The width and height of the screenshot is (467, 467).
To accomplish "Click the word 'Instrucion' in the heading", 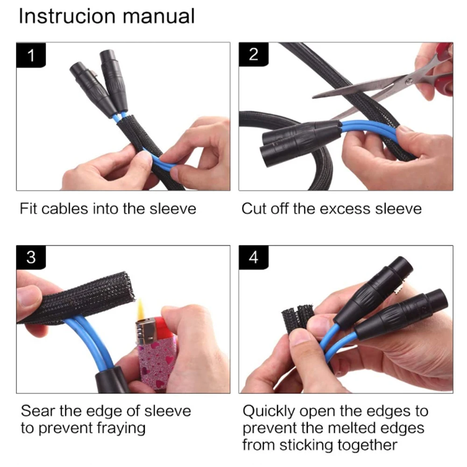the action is [67, 16].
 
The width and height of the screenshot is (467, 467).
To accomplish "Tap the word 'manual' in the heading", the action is [159, 16].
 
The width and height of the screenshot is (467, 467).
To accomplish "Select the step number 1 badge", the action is [31, 55].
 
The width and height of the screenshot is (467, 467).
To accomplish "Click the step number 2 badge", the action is [254, 54].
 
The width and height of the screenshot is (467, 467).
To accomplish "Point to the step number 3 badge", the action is [31, 257].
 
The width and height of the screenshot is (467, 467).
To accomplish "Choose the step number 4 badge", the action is [254, 257].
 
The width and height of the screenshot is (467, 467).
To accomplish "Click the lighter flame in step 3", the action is [141, 310].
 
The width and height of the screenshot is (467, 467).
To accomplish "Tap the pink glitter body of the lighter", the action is [155, 365].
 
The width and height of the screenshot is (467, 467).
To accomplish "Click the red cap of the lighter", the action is [163, 328].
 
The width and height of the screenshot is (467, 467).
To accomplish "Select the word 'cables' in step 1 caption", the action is [64, 208].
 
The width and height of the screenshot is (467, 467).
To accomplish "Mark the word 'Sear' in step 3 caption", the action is [37, 411].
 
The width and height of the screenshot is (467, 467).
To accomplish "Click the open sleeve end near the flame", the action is [127, 286].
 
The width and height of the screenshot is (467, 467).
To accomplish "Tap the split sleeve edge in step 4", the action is [297, 318].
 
